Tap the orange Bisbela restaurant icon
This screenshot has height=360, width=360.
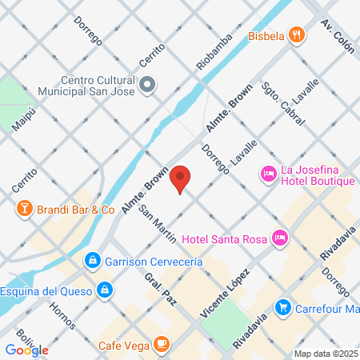coord(297,34)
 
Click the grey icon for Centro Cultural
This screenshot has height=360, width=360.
coord(147,84)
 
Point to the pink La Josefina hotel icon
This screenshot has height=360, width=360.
coord(268,173)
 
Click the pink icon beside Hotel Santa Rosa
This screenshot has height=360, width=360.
coord(279,237)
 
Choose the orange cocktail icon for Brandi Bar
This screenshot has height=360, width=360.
coord(25,210)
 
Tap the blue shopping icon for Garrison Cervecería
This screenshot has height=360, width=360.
coord(93,261)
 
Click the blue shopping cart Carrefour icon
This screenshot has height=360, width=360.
coord(282,306)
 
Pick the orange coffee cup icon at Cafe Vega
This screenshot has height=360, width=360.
coord(162,344)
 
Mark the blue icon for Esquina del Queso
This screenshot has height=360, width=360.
coord(104,289)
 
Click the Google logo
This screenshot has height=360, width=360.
coord(26,350)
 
